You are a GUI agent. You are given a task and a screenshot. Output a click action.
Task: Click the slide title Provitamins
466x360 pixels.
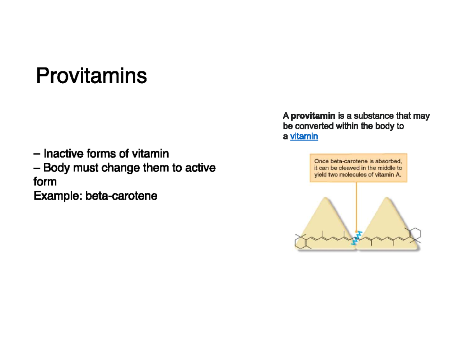coord(92,76)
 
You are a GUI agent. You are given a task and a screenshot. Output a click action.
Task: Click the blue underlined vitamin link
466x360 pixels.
coord(304,136)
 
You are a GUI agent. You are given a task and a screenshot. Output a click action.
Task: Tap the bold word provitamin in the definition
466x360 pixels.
coord(313,116)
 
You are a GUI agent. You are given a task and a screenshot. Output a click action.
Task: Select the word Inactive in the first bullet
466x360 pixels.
coord(63,153)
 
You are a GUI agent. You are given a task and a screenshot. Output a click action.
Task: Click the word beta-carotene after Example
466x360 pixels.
coord(122,196)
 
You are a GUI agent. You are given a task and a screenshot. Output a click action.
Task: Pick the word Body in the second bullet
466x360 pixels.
coord(57,168)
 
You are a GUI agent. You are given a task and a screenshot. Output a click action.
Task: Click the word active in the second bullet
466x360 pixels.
coord(200,168)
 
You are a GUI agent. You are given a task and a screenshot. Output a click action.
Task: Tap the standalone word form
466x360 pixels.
coord(45,182)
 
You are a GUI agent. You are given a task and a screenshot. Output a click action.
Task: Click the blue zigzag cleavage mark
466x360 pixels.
coord(356,238)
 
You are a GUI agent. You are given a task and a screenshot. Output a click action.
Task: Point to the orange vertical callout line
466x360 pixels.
coord(356,207)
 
